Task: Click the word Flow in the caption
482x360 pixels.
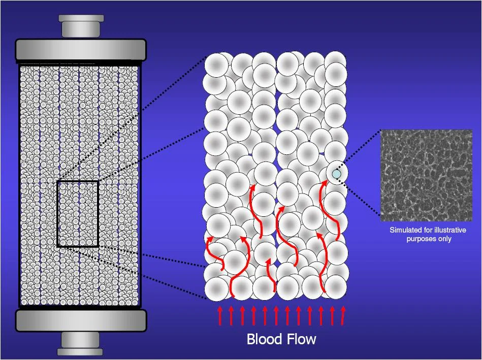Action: [302, 339]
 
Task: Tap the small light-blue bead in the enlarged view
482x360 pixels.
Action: [336, 174]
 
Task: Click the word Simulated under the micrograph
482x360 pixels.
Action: [405, 230]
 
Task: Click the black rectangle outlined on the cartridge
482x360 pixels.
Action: [78, 214]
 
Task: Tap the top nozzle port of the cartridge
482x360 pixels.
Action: [81, 26]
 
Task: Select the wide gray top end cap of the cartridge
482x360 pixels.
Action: [81, 50]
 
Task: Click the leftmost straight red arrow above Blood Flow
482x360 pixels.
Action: [220, 315]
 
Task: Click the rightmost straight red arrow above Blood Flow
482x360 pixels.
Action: [343, 315]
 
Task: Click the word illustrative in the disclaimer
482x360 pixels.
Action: [449, 230]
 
